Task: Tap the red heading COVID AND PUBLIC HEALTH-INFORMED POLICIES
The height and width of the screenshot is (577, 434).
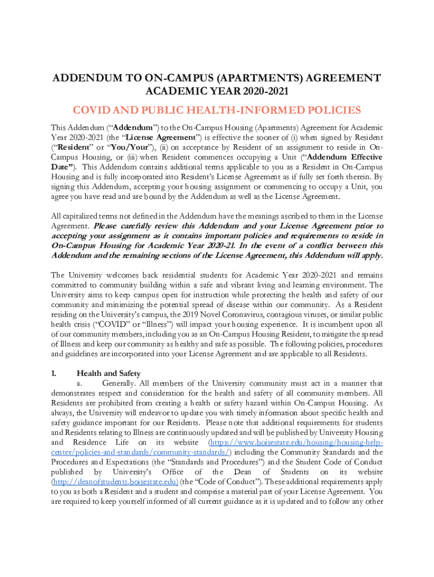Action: pos(217,110)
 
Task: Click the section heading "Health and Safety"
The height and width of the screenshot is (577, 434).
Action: pos(109,373)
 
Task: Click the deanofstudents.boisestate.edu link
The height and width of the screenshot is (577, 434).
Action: pos(115,482)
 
